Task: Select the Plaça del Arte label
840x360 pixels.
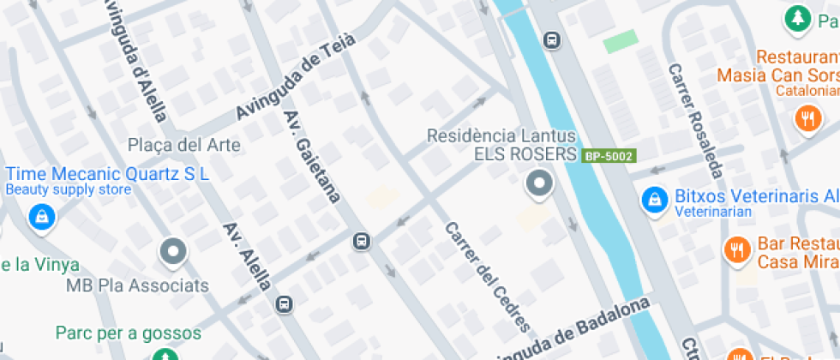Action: tap(183, 144)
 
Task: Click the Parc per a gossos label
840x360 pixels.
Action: tap(129, 333)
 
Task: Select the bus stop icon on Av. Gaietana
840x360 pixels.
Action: tap(362, 242)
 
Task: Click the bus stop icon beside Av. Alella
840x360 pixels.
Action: tap(284, 303)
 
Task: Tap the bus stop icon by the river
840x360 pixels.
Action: tap(552, 39)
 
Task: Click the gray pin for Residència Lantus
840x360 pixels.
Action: tap(539, 183)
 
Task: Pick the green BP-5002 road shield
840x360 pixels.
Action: tap(608, 156)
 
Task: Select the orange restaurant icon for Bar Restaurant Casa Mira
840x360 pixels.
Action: tap(737, 251)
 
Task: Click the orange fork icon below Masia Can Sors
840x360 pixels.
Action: tap(807, 118)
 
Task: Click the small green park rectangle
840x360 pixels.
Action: tap(620, 41)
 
